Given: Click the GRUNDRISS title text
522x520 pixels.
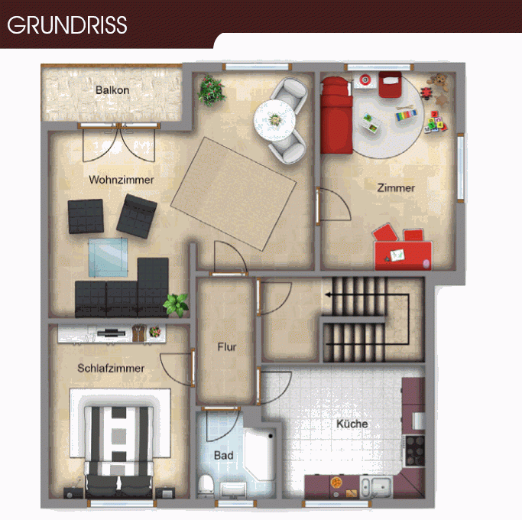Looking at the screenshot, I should tap(67, 24).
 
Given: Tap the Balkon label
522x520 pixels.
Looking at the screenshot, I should tap(112, 90).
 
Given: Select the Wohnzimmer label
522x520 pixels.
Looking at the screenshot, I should tap(121, 180).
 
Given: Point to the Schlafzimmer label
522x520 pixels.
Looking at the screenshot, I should tap(111, 368).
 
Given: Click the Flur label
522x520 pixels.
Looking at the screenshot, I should tap(226, 346).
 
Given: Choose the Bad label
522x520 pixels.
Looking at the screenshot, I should tap(223, 455).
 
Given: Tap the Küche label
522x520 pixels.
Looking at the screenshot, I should tap(352, 424).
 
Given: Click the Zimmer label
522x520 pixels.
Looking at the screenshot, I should tap(396, 187).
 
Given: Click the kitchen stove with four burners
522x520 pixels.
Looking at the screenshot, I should tap(415, 450).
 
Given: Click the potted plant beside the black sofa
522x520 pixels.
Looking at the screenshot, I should tap(176, 304).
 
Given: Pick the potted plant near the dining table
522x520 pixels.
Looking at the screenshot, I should tap(210, 91).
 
